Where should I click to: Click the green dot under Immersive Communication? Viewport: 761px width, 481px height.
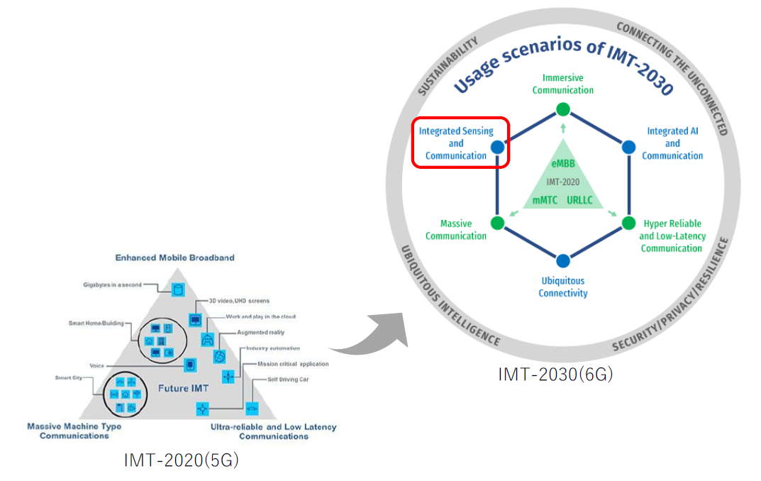coord(563,109)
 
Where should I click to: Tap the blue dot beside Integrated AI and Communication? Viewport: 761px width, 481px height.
coord(628,147)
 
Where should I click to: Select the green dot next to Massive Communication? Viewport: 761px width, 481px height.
coord(497,223)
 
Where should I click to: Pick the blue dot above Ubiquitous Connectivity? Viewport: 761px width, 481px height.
coord(563,260)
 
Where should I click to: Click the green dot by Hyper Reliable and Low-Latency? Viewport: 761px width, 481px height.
coord(628,223)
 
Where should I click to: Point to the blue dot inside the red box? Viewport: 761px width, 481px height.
coord(497,148)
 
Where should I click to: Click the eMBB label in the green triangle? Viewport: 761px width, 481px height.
coord(563,165)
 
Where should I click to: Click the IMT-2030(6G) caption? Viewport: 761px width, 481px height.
coord(555,374)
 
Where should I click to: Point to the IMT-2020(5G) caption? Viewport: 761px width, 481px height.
coord(182,460)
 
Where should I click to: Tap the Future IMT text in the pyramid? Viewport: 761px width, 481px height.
coord(183,388)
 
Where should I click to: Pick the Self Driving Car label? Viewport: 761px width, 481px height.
coord(288,380)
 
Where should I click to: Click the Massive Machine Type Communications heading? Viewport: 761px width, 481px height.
coord(74,431)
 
